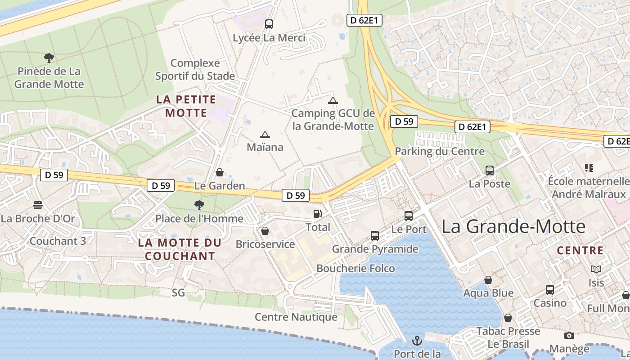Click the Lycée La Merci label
pyautogui.click(x=269, y=38)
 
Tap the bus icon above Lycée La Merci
pyautogui.click(x=269, y=24)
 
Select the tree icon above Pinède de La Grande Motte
pyautogui.click(x=49, y=58)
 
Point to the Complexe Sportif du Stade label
pyautogui.click(x=195, y=69)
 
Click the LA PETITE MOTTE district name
pyautogui.click(x=186, y=106)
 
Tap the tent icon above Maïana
pyautogui.click(x=265, y=134)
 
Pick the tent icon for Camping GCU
pyautogui.click(x=333, y=100)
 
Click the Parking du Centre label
pyautogui.click(x=440, y=151)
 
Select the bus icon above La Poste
pyautogui.click(x=490, y=171)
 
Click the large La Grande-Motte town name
pyautogui.click(x=513, y=226)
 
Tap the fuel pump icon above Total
pyautogui.click(x=318, y=214)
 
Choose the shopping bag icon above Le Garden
pyautogui.click(x=220, y=172)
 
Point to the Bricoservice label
pyautogui.click(x=265, y=244)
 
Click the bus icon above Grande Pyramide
pyautogui.click(x=375, y=235)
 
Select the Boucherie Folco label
pyautogui.click(x=355, y=269)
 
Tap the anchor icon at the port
pyautogui.click(x=417, y=340)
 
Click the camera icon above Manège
pyautogui.click(x=569, y=335)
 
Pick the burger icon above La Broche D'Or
pyautogui.click(x=38, y=205)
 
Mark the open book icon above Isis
pyautogui.click(x=596, y=269)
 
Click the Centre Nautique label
pyautogui.click(x=296, y=317)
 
